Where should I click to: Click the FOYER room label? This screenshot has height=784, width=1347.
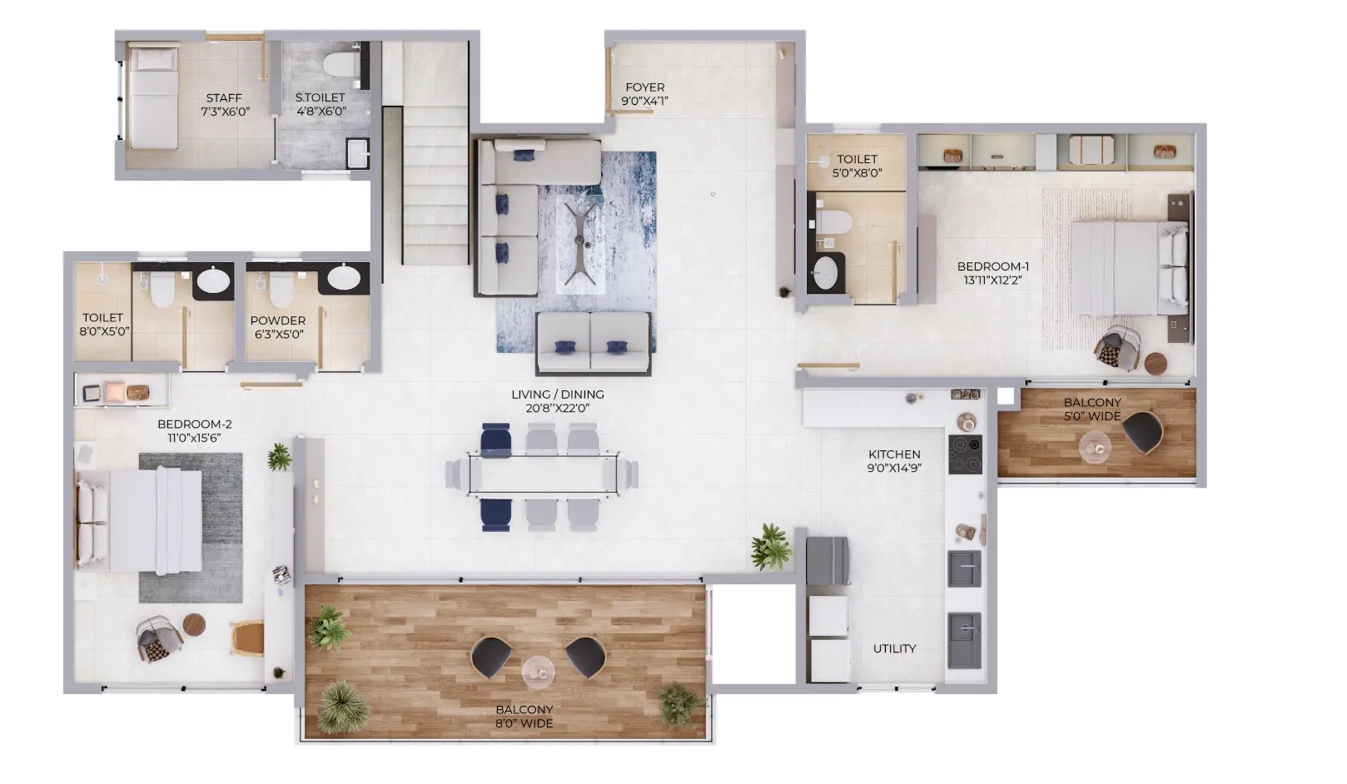click(x=644, y=94)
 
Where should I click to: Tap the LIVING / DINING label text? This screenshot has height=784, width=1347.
click(x=558, y=401)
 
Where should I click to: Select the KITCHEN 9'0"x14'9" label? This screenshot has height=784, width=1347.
click(x=894, y=461)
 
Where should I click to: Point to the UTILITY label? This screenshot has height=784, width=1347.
click(x=894, y=648)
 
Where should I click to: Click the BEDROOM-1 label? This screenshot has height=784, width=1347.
click(x=992, y=273)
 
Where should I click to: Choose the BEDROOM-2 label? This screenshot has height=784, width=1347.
click(x=194, y=430)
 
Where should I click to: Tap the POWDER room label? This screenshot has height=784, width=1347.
click(x=278, y=327)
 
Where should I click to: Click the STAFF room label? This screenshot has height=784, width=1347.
click(x=224, y=104)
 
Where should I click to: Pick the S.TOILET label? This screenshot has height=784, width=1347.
click(x=320, y=104)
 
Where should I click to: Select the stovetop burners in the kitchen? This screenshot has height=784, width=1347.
click(x=965, y=454)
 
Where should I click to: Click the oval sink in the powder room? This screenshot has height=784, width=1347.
click(x=343, y=278)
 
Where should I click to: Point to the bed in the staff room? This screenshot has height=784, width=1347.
click(x=152, y=98)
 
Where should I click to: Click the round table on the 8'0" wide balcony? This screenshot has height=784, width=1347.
click(x=538, y=672)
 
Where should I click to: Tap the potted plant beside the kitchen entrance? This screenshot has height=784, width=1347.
click(x=770, y=546)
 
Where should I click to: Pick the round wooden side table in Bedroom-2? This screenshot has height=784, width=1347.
click(x=194, y=624)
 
